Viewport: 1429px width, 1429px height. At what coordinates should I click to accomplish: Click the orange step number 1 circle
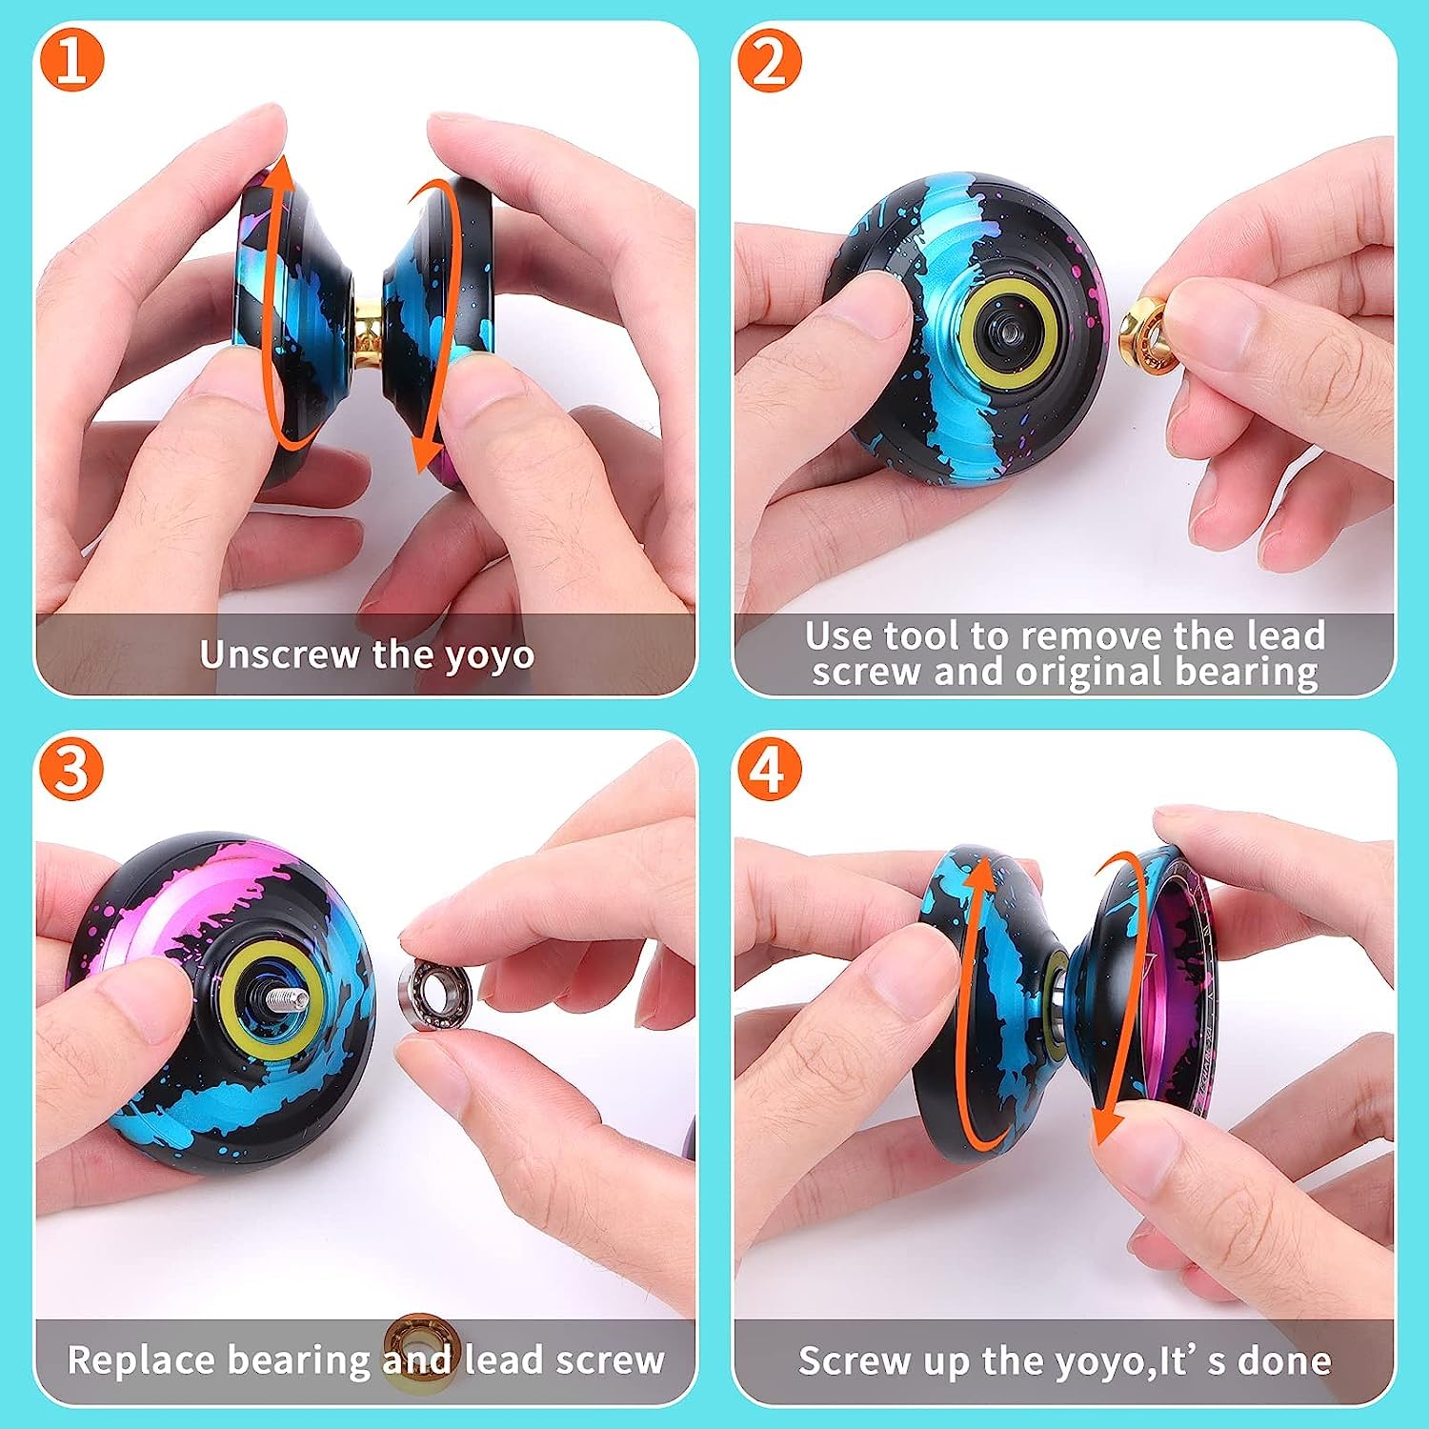72,61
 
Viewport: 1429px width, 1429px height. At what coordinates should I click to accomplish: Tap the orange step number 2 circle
769,61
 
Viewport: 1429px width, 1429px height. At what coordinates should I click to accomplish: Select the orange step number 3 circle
72,770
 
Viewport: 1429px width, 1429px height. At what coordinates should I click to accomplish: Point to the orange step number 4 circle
769,770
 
